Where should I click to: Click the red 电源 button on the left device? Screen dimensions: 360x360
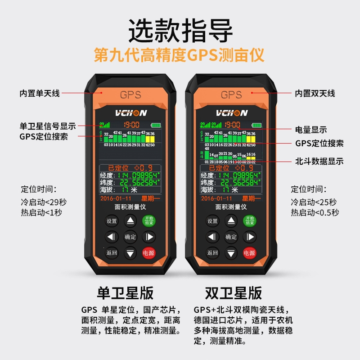tap(148, 253)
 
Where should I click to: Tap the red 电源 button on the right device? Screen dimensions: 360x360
tap(249, 253)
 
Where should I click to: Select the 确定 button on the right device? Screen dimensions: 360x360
tap(231, 237)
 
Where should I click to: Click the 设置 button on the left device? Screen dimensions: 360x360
tap(112, 221)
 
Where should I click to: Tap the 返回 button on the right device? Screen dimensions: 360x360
tap(212, 253)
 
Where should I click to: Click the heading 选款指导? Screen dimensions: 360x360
tap(180, 31)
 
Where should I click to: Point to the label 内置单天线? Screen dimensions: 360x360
tap(40, 94)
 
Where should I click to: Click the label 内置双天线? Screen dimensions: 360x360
tap(315, 94)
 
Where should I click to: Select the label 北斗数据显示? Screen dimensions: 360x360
tap(319, 161)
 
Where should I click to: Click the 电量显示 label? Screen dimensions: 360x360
tap(311, 130)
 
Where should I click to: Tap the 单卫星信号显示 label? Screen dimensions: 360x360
tap(48, 126)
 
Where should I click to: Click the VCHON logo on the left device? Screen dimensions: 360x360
tap(130, 112)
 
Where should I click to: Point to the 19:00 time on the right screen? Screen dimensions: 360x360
tap(232, 125)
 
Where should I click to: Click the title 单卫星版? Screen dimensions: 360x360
tap(125, 293)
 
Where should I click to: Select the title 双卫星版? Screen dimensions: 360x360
tap(233, 293)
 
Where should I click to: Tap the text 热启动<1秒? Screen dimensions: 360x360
tap(41, 212)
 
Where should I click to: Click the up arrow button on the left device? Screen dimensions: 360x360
tap(130, 221)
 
